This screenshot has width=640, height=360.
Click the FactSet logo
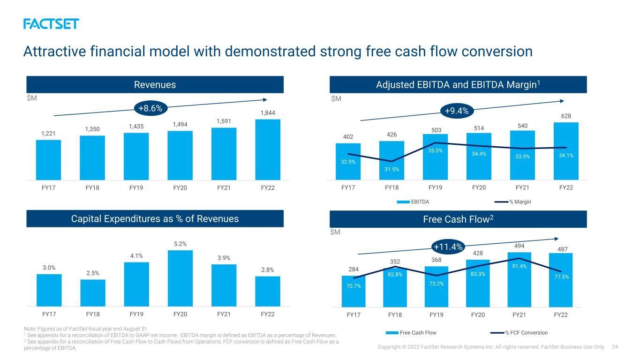pos(51,24)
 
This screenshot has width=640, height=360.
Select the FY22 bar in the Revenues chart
pos(268,150)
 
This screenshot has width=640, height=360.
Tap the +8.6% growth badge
pos(151,108)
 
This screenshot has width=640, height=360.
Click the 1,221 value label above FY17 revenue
pos(48,134)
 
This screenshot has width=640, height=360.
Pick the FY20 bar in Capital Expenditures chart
pos(181,278)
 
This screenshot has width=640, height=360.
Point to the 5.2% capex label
pos(181,244)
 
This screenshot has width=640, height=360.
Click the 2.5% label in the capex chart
pos(93,273)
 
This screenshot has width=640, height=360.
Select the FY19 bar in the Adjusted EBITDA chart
pos(435,157)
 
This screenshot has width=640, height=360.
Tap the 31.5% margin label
pos(392,169)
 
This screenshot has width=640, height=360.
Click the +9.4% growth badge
pos(457,111)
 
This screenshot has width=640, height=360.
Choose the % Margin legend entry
pos(513,202)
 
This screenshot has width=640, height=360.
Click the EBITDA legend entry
pos(413,202)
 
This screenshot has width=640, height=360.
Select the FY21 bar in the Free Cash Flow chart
pos(519,280)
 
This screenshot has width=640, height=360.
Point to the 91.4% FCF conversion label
pos(519,266)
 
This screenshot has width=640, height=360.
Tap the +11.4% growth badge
pos(448,247)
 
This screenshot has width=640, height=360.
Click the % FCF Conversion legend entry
pos(519,332)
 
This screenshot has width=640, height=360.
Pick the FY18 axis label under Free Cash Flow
pos(395,315)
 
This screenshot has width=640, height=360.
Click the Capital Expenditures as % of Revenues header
pos(155,218)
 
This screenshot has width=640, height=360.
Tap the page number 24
pos(615,347)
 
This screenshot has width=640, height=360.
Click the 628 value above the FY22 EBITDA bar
pos(566,116)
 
